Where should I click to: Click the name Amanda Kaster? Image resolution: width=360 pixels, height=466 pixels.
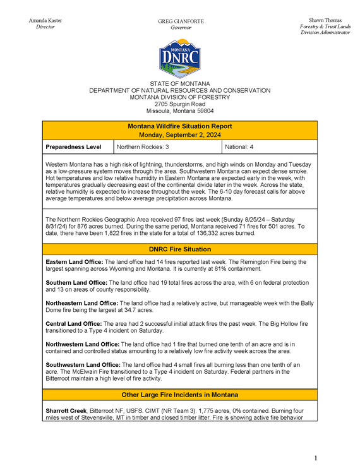coord(45,21)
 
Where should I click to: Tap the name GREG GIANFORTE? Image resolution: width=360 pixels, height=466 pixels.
coord(181,21)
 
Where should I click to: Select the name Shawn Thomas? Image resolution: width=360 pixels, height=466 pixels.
coord(325,21)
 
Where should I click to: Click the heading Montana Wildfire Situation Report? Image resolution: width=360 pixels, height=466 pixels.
coord(180,126)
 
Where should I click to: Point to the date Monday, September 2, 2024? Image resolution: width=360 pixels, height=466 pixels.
coord(180,134)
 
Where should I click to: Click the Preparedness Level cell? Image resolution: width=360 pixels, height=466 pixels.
coord(73,147)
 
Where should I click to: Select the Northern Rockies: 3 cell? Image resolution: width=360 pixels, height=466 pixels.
coord(143,147)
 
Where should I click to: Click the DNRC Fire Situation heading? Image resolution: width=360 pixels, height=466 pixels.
coord(180,249)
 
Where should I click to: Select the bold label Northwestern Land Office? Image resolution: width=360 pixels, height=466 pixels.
coord(83,344)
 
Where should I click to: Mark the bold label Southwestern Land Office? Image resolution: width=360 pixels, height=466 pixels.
coord(83,365)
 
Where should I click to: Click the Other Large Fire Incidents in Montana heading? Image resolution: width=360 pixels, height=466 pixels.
coord(180,395)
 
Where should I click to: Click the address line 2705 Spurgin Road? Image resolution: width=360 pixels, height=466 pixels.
coord(180,104)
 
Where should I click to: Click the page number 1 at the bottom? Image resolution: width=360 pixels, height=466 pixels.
coord(316,457)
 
